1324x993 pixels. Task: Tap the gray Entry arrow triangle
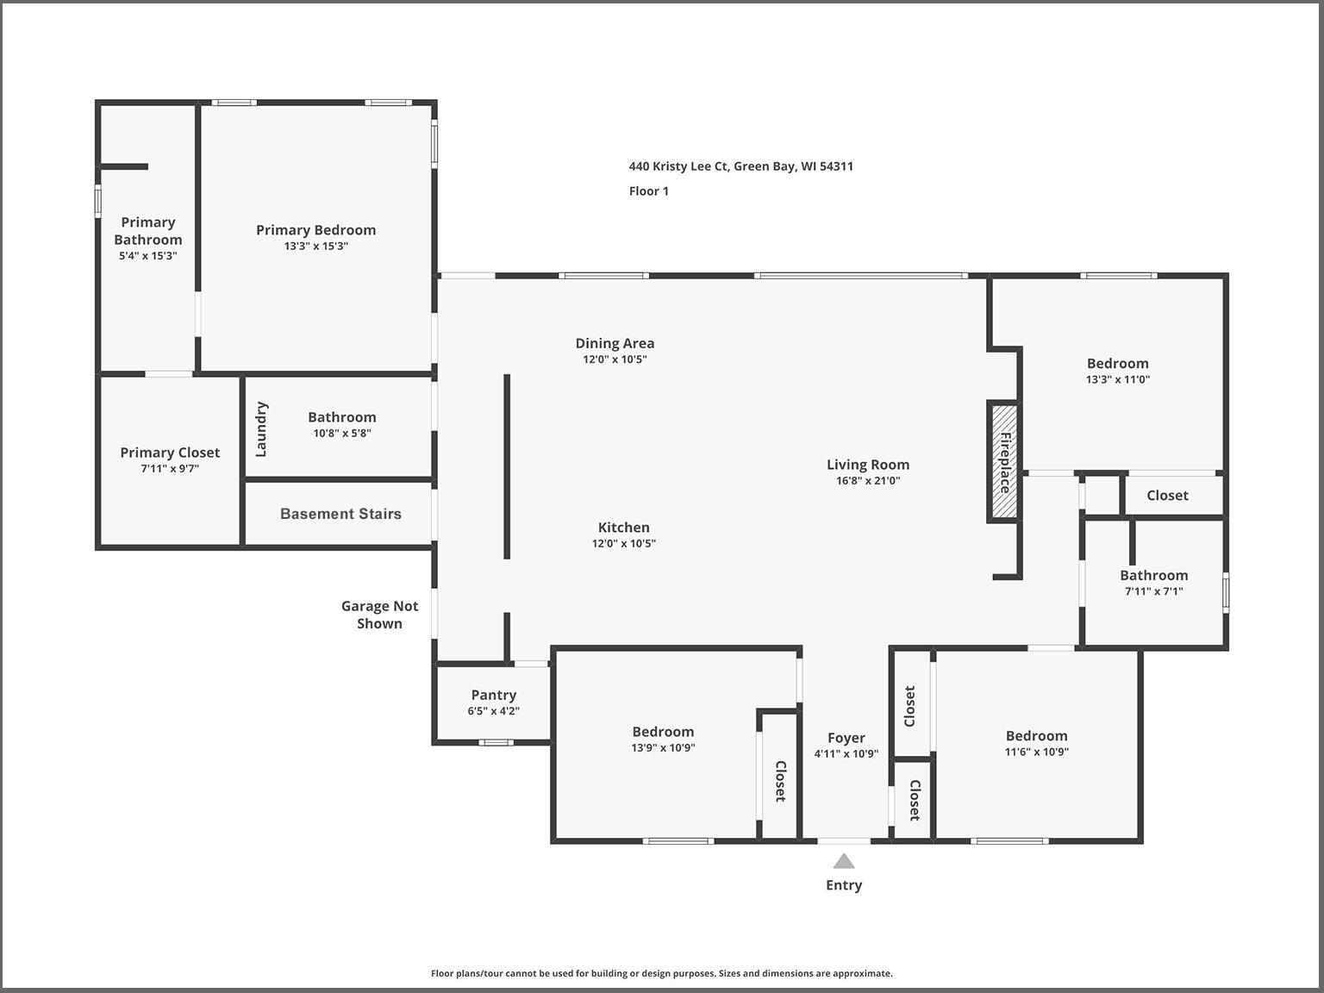844,860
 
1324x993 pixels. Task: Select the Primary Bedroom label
316,229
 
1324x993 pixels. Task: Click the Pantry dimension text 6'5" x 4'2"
493,711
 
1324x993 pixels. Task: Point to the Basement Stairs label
340,514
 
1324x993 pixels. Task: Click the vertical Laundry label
261,429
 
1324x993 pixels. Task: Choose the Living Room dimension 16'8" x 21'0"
868,480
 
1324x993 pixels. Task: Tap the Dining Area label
615,343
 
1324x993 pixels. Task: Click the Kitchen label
624,527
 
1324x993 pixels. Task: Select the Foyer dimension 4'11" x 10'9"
846,753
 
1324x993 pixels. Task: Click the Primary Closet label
170,453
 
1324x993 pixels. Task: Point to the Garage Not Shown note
379,615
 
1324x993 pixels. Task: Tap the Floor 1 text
648,191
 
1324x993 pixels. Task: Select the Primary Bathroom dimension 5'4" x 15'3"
147,256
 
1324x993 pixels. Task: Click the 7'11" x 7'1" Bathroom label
1154,575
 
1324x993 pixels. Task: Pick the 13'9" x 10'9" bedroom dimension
663,747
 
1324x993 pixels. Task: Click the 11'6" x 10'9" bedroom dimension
1036,752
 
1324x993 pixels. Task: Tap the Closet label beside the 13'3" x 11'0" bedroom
1167,496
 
